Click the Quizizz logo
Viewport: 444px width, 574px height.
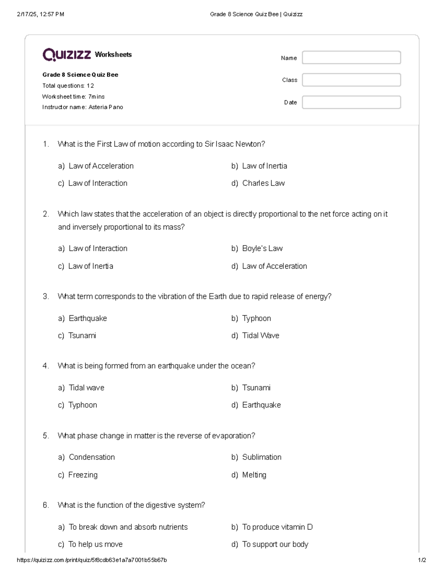point(67,55)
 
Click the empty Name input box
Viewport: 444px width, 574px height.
point(351,58)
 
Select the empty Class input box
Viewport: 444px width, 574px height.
point(351,80)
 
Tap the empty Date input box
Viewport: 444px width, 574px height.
point(351,102)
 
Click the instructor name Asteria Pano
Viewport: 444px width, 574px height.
point(106,107)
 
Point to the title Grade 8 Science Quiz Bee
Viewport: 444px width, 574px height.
point(80,75)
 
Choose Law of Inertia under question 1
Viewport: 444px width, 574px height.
point(264,166)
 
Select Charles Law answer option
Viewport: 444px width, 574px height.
point(263,183)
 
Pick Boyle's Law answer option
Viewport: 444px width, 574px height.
point(262,248)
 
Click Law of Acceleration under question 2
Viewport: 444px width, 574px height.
point(274,266)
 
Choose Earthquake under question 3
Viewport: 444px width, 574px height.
point(88,318)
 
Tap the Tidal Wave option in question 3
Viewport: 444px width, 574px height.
point(260,336)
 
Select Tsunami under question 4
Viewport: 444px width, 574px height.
point(256,388)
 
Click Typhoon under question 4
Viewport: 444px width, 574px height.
point(83,405)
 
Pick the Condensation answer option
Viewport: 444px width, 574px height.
point(92,457)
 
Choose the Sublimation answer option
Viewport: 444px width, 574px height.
point(262,457)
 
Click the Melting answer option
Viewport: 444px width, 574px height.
point(254,475)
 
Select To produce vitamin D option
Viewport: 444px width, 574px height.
point(277,527)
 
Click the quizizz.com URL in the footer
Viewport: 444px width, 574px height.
point(92,560)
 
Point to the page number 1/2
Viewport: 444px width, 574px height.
point(422,560)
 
